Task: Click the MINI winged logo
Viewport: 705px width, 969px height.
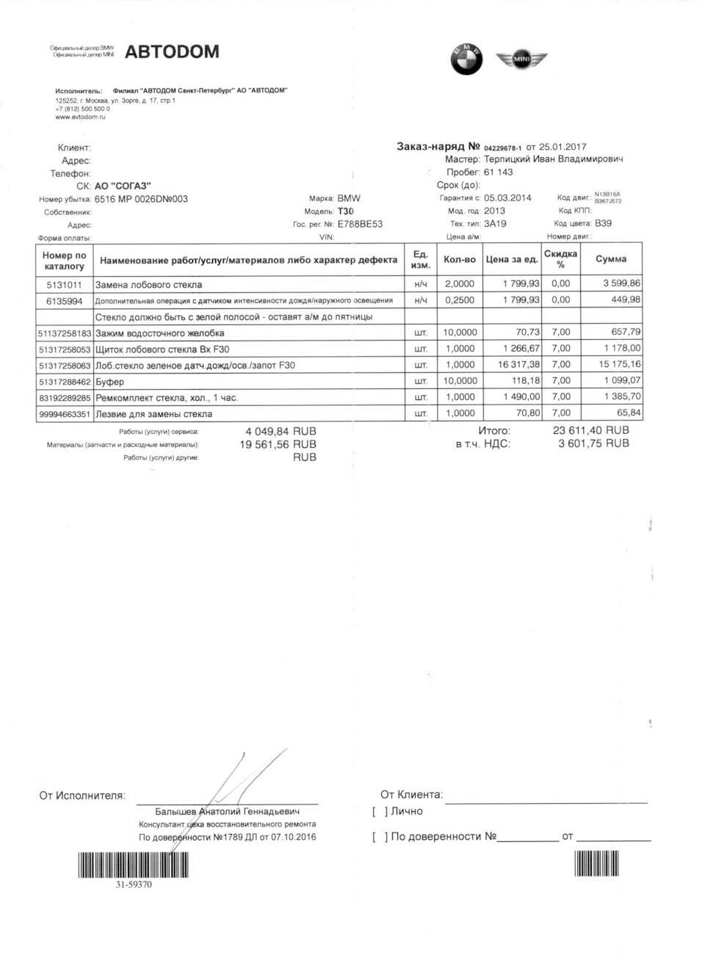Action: click(521, 59)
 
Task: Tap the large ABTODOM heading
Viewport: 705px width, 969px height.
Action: click(172, 51)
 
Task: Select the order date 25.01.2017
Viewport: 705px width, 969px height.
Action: click(563, 147)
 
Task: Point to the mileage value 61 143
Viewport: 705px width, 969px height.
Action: click(498, 173)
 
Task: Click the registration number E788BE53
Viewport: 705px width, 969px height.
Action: click(360, 225)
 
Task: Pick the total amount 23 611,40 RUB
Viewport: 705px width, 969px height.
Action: click(590, 431)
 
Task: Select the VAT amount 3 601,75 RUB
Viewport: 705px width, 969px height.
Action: click(593, 443)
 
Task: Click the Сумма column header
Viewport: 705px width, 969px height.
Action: click(610, 259)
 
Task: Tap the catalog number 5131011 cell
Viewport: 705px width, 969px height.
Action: click(65, 284)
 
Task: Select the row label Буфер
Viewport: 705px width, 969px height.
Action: click(110, 382)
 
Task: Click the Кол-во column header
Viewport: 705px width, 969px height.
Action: click(460, 260)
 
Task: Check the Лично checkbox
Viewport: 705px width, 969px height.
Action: click(380, 812)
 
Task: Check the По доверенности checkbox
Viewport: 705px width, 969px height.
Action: click(380, 837)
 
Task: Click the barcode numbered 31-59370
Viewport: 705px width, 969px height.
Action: click(133, 865)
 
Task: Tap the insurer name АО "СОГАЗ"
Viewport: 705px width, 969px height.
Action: click(123, 186)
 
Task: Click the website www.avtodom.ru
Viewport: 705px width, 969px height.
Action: click(81, 117)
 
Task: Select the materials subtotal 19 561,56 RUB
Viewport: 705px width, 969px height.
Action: click(278, 444)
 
